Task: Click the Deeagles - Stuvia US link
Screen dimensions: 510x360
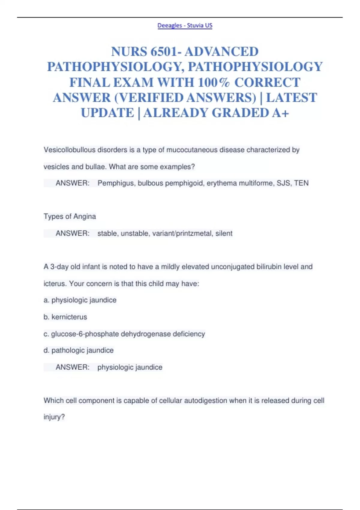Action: pyautogui.click(x=185, y=25)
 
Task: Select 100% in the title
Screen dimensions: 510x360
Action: pyautogui.click(x=214, y=82)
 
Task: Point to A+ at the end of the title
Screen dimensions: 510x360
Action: pyautogui.click(x=280, y=113)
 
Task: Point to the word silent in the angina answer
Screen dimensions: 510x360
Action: pyautogui.click(x=224, y=233)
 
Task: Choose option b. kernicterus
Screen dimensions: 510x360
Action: pyautogui.click(x=65, y=317)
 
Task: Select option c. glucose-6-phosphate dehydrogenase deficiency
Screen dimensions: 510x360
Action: pyautogui.click(x=124, y=334)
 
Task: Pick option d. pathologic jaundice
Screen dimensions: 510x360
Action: pyautogui.click(x=79, y=350)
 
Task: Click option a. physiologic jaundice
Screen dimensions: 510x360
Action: pyautogui.click(x=80, y=300)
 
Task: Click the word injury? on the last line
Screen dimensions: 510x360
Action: pyautogui.click(x=54, y=417)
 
